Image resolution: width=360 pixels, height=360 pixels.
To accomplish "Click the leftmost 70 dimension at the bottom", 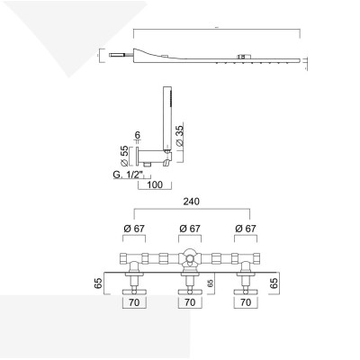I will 134,304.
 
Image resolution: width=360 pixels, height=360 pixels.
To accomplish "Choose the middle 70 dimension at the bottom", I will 190,304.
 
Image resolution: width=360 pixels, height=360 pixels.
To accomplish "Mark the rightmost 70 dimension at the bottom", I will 245,304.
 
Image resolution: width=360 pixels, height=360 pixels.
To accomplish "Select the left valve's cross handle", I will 134,291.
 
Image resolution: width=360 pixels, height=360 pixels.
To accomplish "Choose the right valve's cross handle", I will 245,291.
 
